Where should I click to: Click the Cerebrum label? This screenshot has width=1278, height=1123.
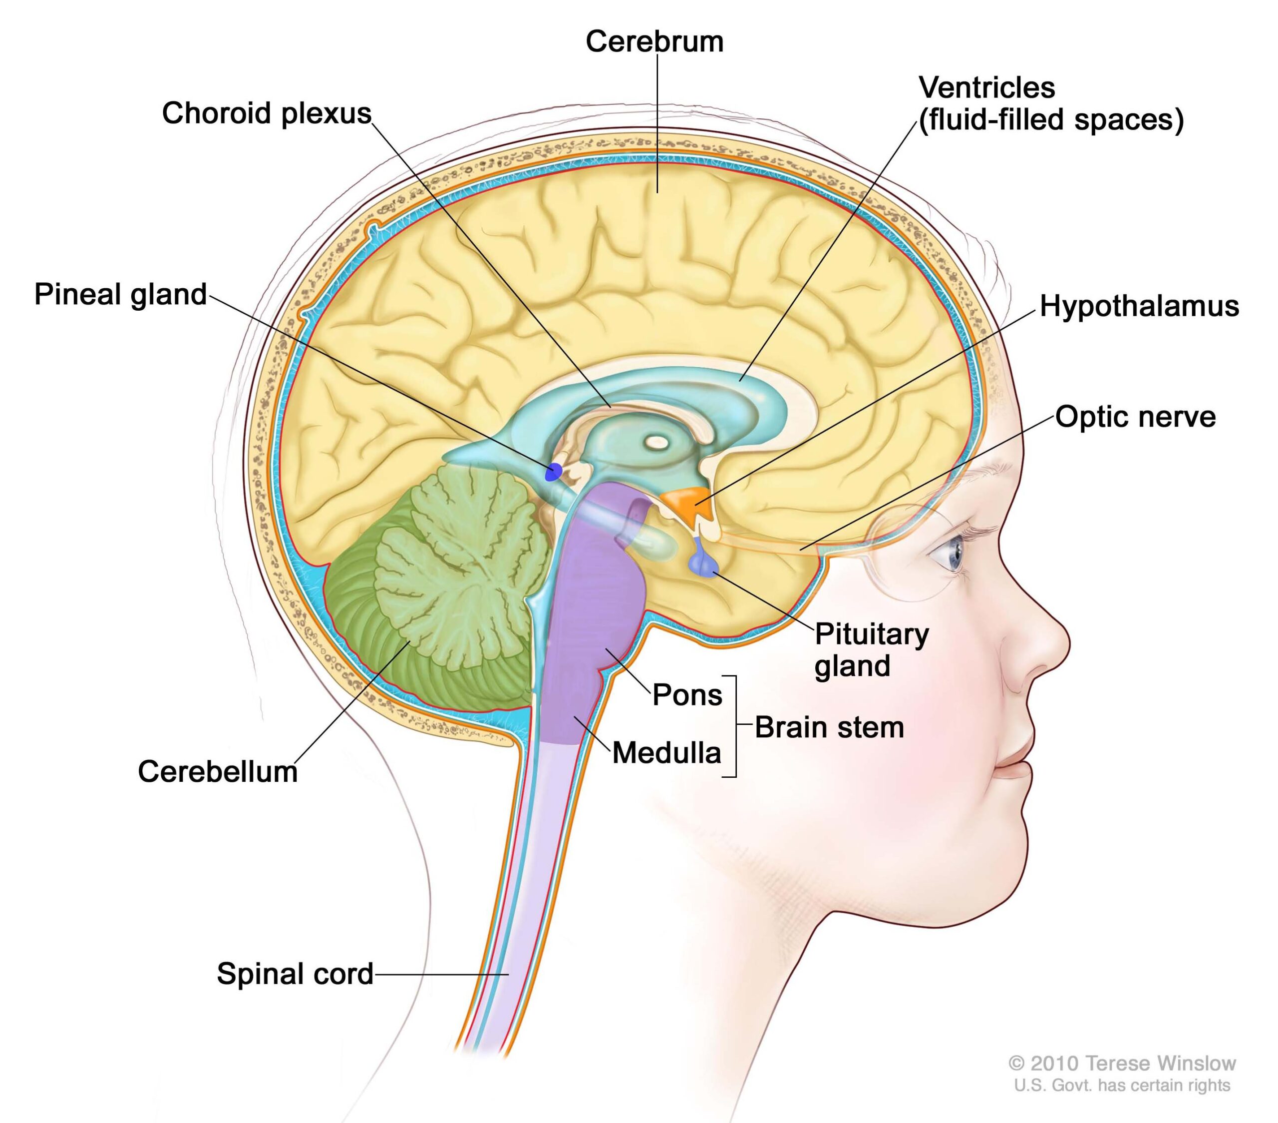point(654,42)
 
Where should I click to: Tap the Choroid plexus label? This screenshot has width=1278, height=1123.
point(267,114)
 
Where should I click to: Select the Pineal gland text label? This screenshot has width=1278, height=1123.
point(120,295)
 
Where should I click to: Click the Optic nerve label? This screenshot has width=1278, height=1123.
point(1135,417)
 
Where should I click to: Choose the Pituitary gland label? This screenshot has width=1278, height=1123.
point(871,650)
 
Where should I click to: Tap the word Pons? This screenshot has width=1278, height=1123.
point(686,695)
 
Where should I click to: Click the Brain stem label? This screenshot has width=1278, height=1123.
point(829,728)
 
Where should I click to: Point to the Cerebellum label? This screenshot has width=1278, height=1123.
point(218,772)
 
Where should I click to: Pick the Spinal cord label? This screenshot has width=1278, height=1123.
point(295,974)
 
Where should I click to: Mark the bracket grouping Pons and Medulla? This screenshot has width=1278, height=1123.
point(733,726)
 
